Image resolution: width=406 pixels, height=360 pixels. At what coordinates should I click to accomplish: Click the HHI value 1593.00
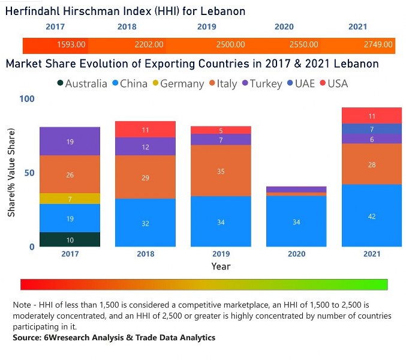[71, 45]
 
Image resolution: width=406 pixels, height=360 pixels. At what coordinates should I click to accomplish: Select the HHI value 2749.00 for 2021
[378, 45]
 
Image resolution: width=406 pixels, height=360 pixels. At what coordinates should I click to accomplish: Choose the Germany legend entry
[177, 84]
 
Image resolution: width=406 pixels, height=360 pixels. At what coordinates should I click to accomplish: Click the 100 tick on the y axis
[27, 99]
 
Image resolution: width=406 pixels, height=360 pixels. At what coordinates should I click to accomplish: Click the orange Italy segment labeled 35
[221, 171]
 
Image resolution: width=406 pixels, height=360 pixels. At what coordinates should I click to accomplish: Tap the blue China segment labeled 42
[372, 215]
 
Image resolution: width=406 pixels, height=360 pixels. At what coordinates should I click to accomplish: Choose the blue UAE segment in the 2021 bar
[372, 129]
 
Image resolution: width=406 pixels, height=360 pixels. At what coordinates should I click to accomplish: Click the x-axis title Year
[221, 266]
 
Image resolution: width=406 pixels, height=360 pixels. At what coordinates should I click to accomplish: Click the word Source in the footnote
[28, 338]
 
